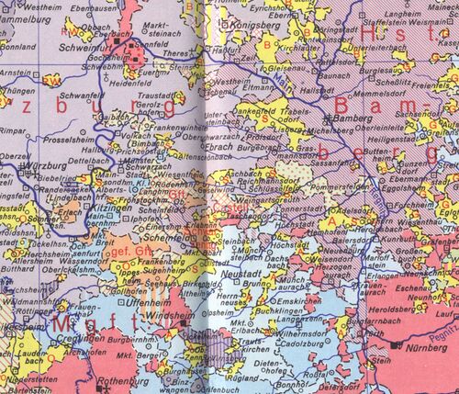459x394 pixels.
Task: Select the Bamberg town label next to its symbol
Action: tap(353, 120)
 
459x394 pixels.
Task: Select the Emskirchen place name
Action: tap(303, 301)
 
